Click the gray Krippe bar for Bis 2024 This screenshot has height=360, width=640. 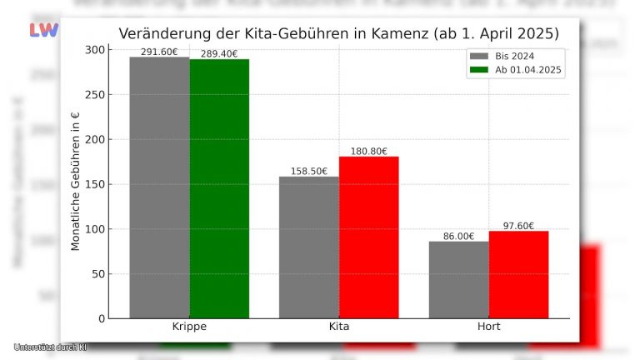click(159, 187)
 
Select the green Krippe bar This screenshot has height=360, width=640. click(219, 188)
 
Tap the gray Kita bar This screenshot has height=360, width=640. click(309, 247)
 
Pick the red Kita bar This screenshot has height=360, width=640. click(369, 237)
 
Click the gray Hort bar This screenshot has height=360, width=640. click(459, 280)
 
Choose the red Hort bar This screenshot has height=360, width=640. click(518, 275)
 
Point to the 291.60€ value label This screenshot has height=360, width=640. click(159, 52)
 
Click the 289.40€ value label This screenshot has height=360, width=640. click(219, 54)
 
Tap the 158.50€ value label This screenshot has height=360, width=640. click(309, 171)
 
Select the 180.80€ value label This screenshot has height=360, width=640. click(369, 151)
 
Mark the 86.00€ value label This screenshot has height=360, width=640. click(459, 236)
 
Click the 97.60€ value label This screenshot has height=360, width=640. click(518, 226)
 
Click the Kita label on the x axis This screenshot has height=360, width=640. click(339, 327)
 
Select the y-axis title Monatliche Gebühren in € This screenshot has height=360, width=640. click(75, 182)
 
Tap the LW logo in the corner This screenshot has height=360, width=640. click(43, 30)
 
